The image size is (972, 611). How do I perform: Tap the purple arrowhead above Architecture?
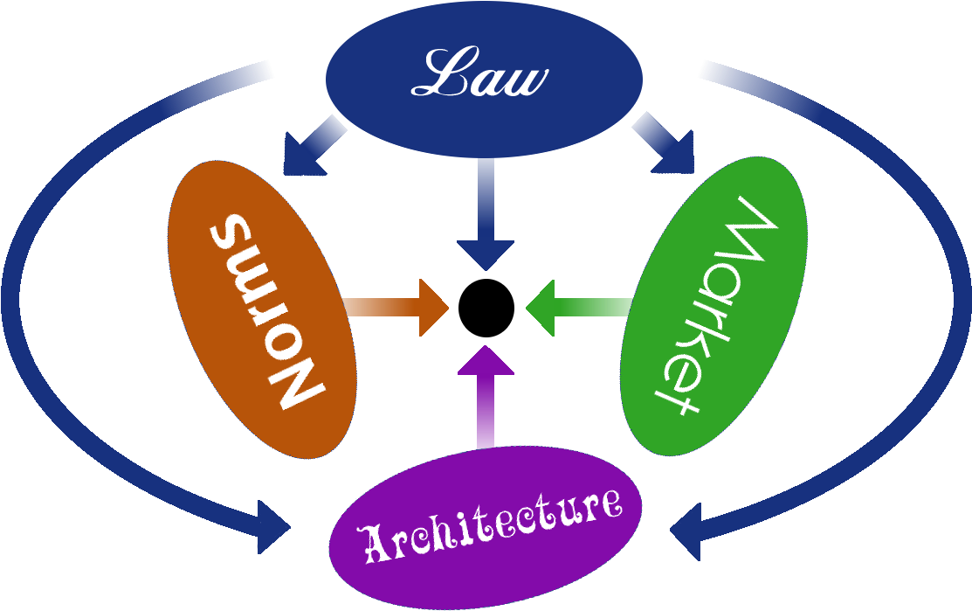(x=486, y=361)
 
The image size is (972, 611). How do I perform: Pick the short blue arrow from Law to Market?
(x=663, y=142)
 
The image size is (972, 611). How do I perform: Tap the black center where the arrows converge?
(x=486, y=308)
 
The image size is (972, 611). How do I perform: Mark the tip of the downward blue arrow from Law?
(x=486, y=267)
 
